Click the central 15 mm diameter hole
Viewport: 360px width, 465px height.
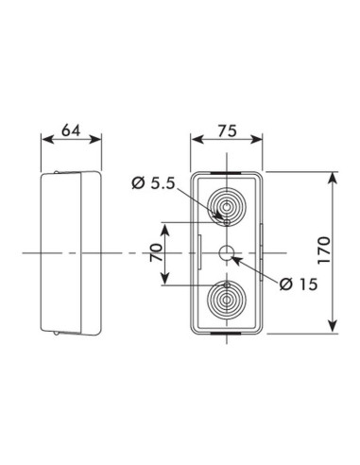pos(227,253)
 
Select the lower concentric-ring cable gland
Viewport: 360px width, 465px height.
pos(227,301)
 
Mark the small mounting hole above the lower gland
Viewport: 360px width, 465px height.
pos(227,284)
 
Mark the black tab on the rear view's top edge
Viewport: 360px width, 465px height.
pos(227,172)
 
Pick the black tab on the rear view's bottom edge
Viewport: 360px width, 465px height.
pos(227,335)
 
